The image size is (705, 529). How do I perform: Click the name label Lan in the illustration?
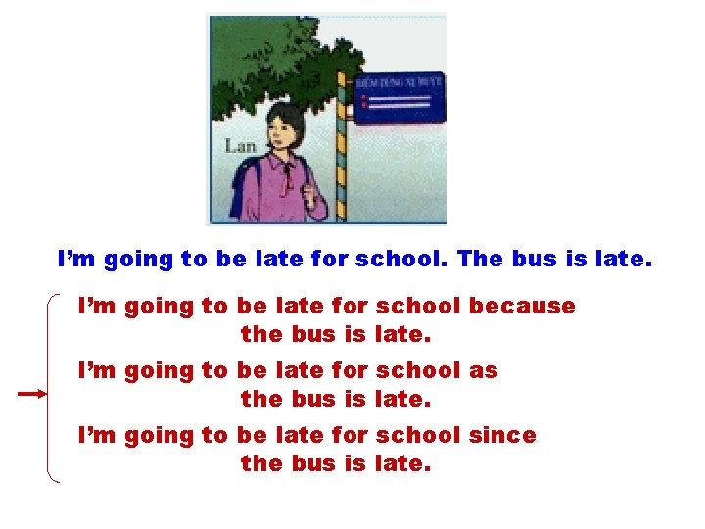pyautogui.click(x=241, y=146)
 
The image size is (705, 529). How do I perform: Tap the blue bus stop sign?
pyautogui.click(x=399, y=99)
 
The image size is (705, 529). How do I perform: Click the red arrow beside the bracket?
pyautogui.click(x=31, y=393)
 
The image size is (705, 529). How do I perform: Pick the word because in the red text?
pyautogui.click(x=522, y=306)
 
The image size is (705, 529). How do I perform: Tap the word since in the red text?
pyautogui.click(x=502, y=435)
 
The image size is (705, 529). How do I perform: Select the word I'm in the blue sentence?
pyautogui.click(x=76, y=260)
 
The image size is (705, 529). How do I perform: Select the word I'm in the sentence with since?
pyautogui.click(x=96, y=435)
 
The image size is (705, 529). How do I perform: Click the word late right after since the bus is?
pyautogui.click(x=402, y=464)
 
